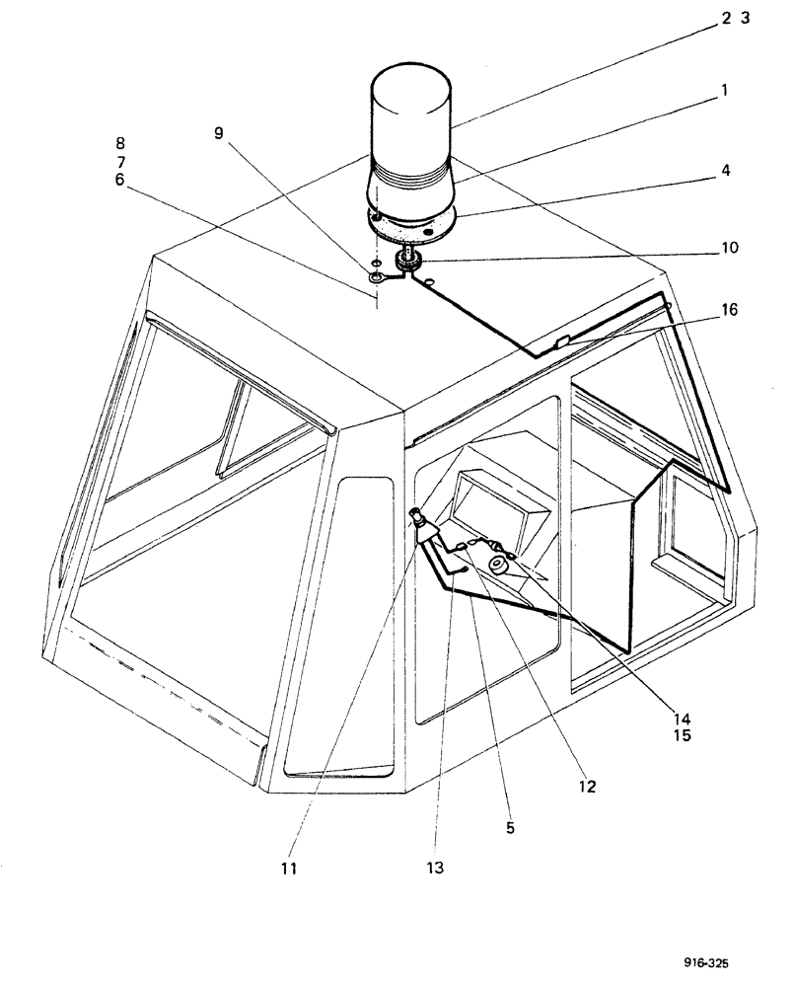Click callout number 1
(724, 90)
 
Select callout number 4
(725, 170)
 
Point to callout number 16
(728, 309)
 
